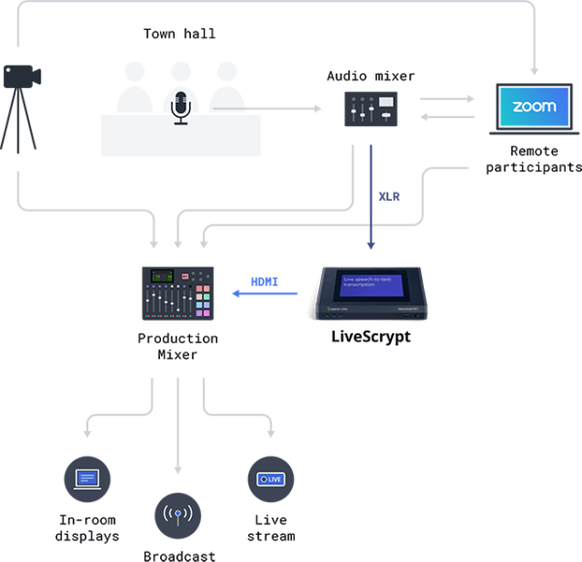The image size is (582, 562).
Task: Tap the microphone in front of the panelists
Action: coord(179,107)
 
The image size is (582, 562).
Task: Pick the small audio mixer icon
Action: coord(371,108)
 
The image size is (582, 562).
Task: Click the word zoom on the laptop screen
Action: coord(533,107)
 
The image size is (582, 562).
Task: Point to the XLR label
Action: coord(390,197)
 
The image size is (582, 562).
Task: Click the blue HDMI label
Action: coord(265,282)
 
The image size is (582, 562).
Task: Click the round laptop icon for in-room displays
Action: coord(86,479)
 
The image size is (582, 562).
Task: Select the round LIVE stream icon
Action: coord(270,479)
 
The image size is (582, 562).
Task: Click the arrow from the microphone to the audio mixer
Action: coord(281,108)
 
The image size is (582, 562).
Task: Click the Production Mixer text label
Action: coord(178,347)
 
